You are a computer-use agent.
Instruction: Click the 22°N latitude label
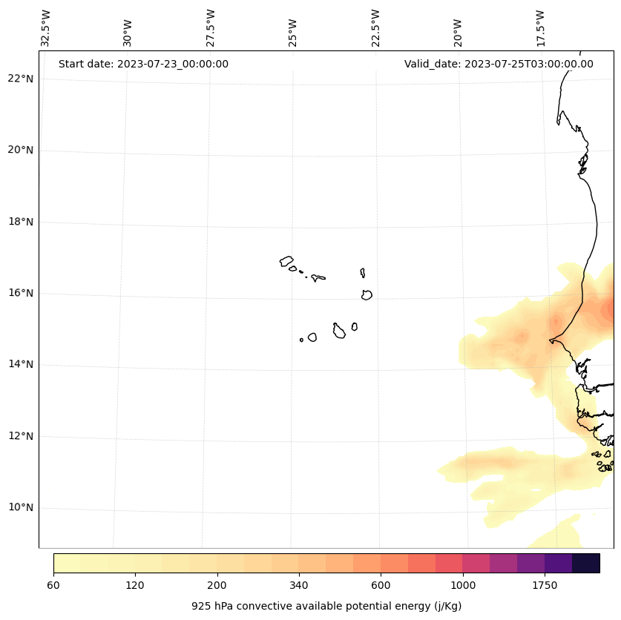pyautogui.click(x=20, y=79)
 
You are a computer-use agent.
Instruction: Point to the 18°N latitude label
pyautogui.click(x=20, y=222)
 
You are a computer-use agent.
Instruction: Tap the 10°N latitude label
pyautogui.click(x=20, y=508)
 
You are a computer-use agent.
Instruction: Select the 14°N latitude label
pyautogui.click(x=20, y=365)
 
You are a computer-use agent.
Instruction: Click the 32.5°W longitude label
pyautogui.click(x=46, y=28)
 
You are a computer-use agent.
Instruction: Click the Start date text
pyautogui.click(x=143, y=64)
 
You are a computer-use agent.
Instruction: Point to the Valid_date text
pyautogui.click(x=499, y=64)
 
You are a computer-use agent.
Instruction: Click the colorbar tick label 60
pyautogui.click(x=53, y=585)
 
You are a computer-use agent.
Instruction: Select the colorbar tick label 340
pyautogui.click(x=299, y=585)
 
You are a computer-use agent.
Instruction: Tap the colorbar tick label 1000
pyautogui.click(x=463, y=585)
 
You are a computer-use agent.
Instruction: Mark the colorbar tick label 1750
pyautogui.click(x=545, y=585)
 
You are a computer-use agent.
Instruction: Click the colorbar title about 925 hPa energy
pyautogui.click(x=326, y=606)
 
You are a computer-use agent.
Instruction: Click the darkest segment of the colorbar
pyautogui.click(x=586, y=563)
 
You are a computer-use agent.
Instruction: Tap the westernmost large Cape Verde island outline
pyautogui.click(x=286, y=261)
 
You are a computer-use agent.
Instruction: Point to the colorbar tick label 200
pyautogui.click(x=217, y=585)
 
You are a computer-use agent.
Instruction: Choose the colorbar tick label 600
pyautogui.click(x=381, y=585)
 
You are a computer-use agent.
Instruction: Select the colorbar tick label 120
pyautogui.click(x=135, y=585)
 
